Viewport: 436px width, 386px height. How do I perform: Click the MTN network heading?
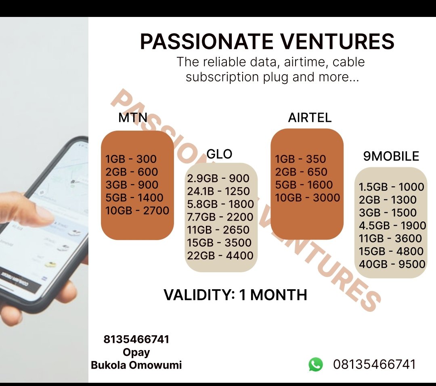(133, 117)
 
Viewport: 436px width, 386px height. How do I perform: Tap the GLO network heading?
(219, 154)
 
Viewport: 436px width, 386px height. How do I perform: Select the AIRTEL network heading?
(310, 117)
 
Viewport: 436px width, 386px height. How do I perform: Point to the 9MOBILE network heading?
(391, 156)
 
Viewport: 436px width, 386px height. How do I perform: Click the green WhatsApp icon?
(316, 365)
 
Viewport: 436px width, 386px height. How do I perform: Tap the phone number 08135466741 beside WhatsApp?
(375, 365)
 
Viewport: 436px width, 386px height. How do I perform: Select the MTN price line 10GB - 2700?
(137, 211)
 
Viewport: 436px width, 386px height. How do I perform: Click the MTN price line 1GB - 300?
(131, 159)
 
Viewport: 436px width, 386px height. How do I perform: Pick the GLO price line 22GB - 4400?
(220, 256)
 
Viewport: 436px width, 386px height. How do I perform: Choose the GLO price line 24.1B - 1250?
(218, 191)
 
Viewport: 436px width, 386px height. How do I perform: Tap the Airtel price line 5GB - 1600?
(304, 185)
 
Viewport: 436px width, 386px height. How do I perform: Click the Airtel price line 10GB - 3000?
(308, 198)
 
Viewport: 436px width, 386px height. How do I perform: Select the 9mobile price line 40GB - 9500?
(392, 264)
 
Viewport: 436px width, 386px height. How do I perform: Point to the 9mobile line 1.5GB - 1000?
(392, 187)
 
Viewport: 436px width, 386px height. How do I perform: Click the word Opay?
(136, 353)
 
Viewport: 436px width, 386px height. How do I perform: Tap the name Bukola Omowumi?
(136, 365)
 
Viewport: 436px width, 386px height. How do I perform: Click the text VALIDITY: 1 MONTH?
(235, 295)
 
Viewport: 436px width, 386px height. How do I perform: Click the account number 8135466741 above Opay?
(136, 339)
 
